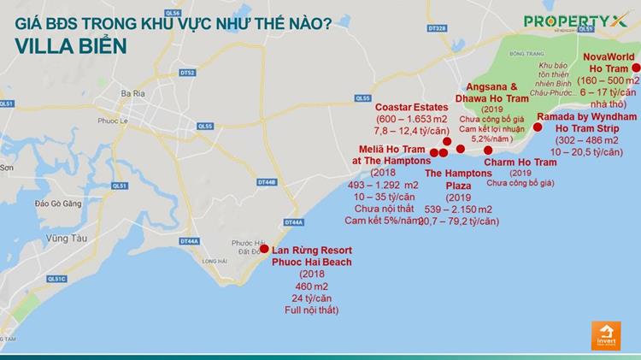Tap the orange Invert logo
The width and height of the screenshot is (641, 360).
tap(605, 334)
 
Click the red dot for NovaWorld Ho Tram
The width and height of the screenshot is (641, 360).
tap(635, 68)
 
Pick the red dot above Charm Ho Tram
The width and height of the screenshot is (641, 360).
tap(488, 150)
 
